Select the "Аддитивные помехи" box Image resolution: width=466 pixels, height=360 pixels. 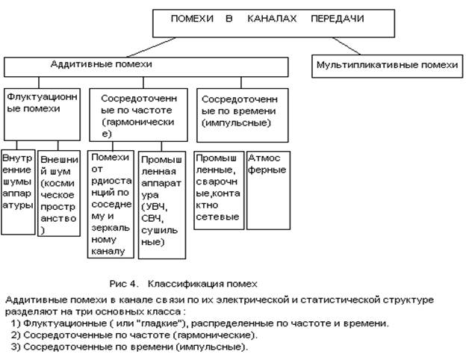tap(145, 66)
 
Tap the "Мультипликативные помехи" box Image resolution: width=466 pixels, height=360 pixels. tap(386, 66)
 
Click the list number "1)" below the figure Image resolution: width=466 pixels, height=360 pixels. tap(16, 323)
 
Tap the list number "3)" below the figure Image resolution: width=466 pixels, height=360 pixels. tap(16, 347)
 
